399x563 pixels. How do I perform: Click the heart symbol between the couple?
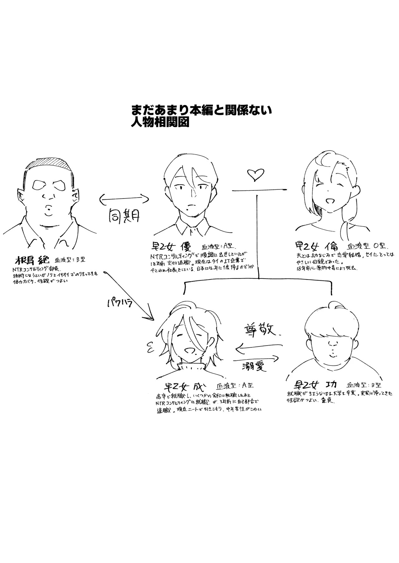point(255,175)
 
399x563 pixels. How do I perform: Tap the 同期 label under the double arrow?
point(124,215)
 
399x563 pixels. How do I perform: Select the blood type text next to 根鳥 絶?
point(68,260)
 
